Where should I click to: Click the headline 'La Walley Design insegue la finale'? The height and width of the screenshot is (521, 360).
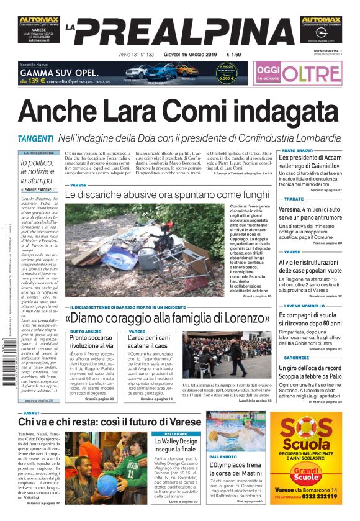pos(176,445)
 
